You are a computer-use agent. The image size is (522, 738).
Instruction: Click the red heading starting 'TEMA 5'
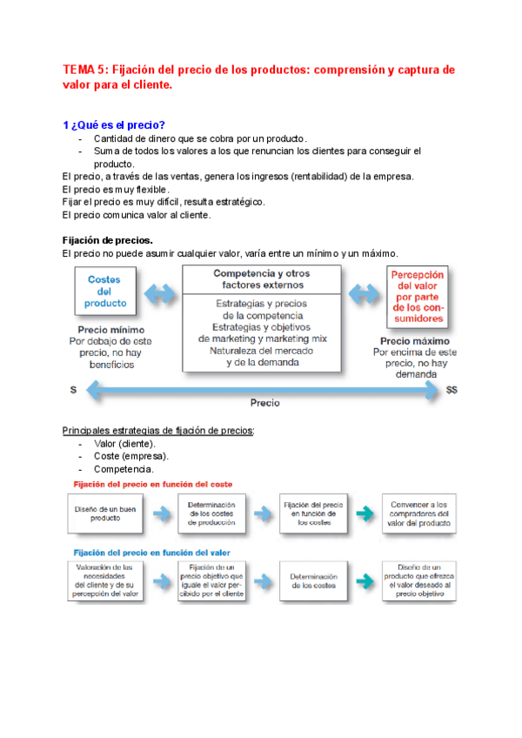[x=258, y=77]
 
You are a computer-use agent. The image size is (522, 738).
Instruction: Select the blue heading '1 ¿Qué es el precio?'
[x=114, y=124]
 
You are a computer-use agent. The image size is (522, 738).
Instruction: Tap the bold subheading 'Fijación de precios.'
[x=108, y=239]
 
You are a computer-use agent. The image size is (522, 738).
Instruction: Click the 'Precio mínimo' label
[x=104, y=330]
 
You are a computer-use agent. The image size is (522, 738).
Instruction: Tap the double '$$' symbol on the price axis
[x=452, y=391]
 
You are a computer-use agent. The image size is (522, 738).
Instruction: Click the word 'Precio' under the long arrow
[x=264, y=404]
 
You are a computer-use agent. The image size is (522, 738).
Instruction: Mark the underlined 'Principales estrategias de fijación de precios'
[x=158, y=431]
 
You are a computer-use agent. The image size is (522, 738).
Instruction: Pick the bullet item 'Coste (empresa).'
[x=131, y=456]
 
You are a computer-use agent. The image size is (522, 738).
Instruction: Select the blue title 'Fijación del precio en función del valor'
[x=151, y=552]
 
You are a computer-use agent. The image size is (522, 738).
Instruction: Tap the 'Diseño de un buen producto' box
[x=105, y=513]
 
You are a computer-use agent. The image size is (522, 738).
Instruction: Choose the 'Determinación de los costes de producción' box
[x=211, y=513]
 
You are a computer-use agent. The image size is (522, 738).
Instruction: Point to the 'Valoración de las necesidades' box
[x=105, y=580]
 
